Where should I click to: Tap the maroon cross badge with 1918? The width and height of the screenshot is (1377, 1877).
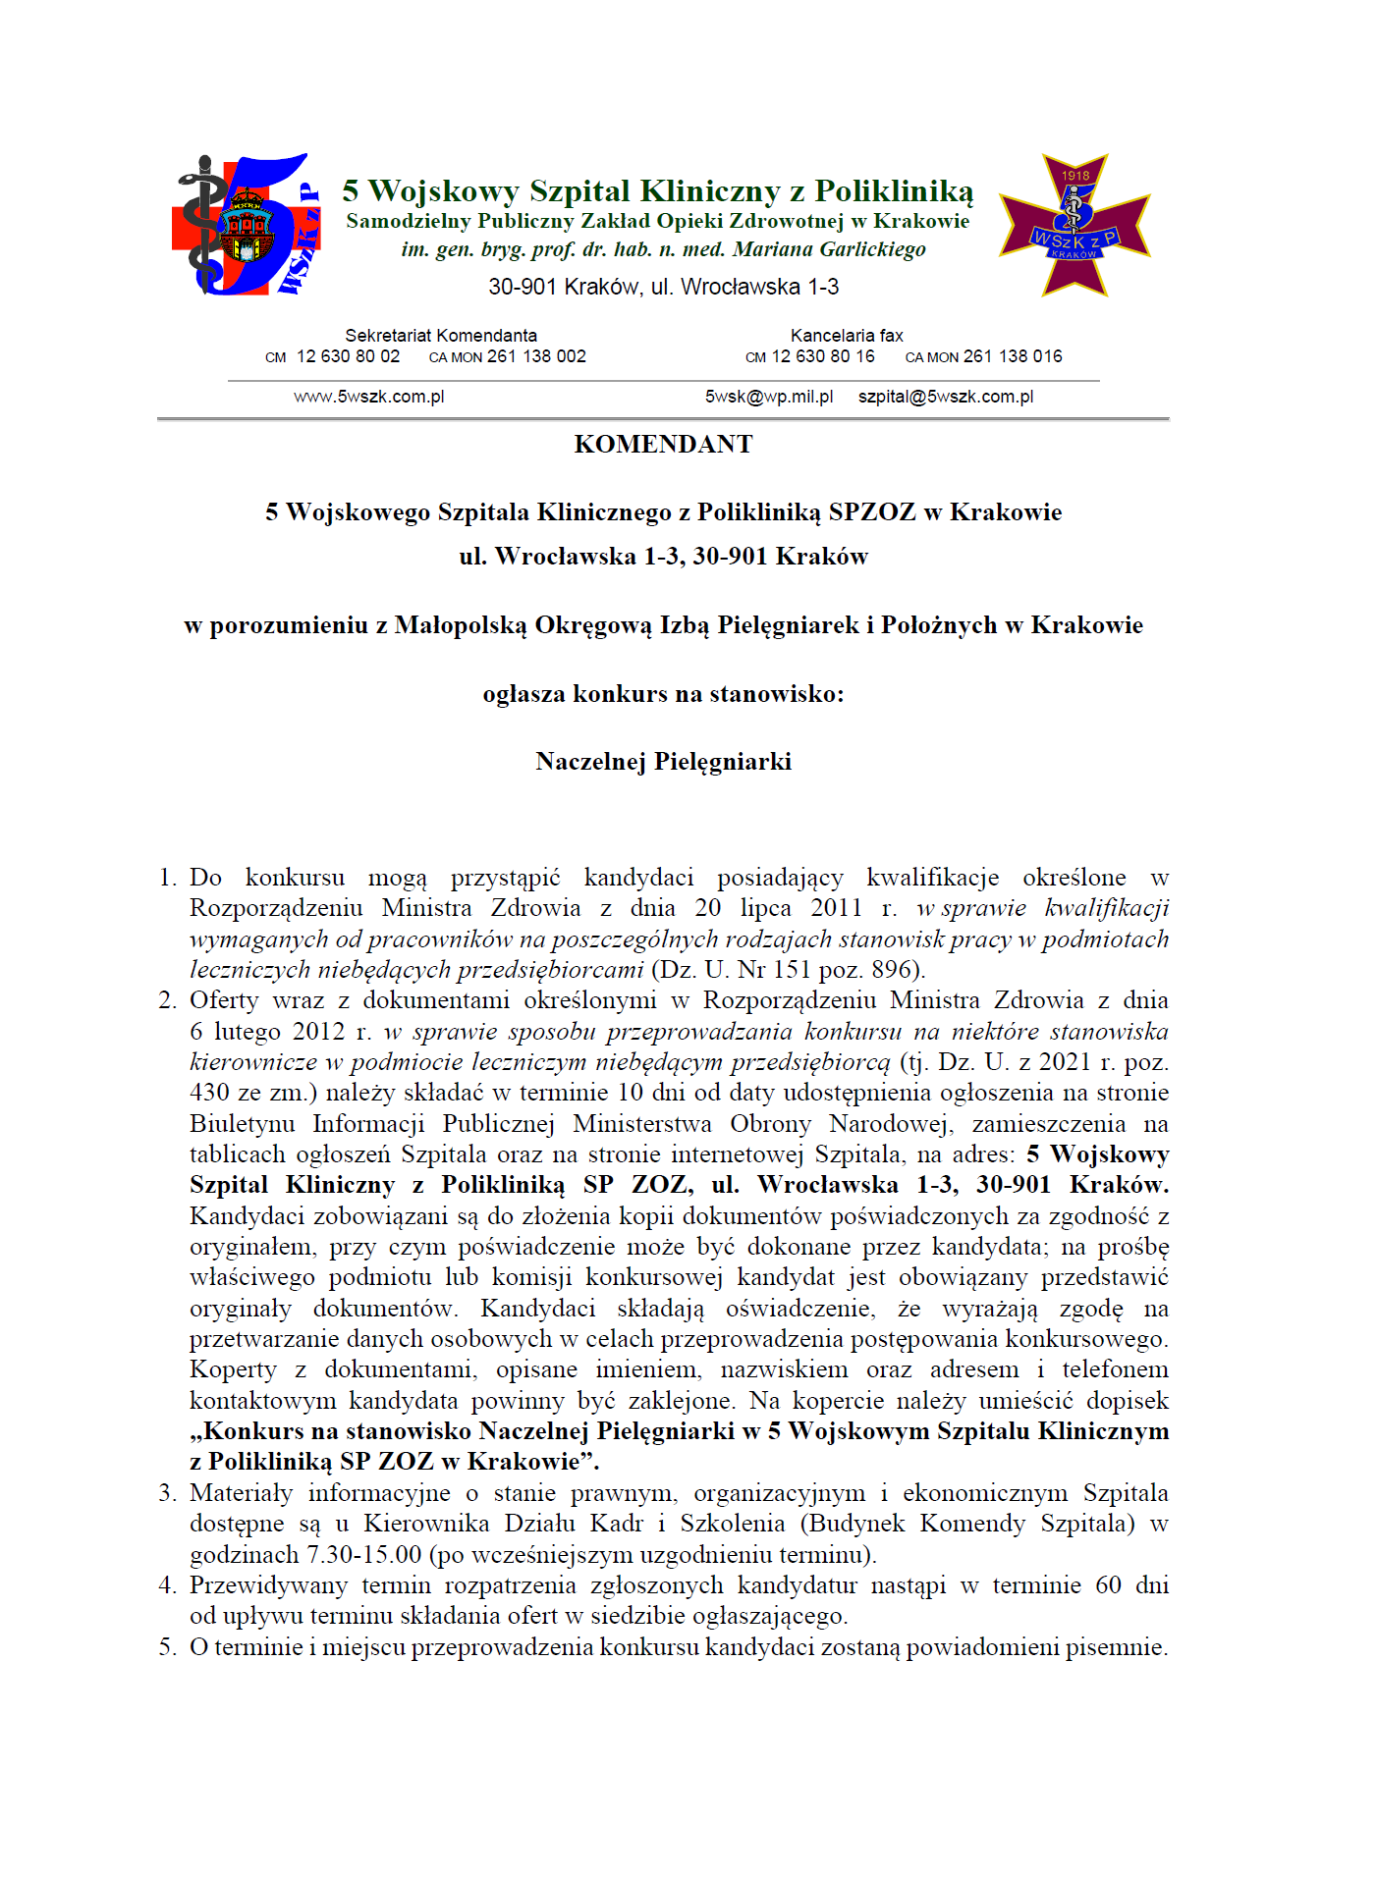point(1074,225)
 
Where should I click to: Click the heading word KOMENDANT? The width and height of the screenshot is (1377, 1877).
point(663,445)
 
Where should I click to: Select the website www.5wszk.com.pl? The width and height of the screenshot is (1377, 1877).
point(368,397)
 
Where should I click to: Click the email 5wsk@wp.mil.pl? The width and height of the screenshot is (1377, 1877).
point(768,397)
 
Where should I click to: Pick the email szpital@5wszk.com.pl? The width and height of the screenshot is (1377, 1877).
point(945,397)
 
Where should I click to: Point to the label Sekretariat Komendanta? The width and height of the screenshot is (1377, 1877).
point(441,336)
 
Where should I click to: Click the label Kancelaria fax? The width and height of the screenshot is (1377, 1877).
point(846,336)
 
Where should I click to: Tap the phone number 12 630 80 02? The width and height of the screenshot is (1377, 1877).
point(348,356)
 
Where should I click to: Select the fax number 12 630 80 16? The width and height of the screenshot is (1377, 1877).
point(823,356)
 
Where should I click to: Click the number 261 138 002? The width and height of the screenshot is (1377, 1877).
point(536,356)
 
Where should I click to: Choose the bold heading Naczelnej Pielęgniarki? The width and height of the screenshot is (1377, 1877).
point(663,762)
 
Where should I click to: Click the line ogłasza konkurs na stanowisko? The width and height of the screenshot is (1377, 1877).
point(663,694)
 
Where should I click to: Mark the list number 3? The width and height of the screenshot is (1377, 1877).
point(168,1493)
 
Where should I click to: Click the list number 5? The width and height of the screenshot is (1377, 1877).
point(168,1647)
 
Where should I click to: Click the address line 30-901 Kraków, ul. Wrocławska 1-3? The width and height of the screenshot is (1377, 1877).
point(663,287)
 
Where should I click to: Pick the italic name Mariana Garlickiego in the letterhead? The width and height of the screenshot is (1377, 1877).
point(829,249)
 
